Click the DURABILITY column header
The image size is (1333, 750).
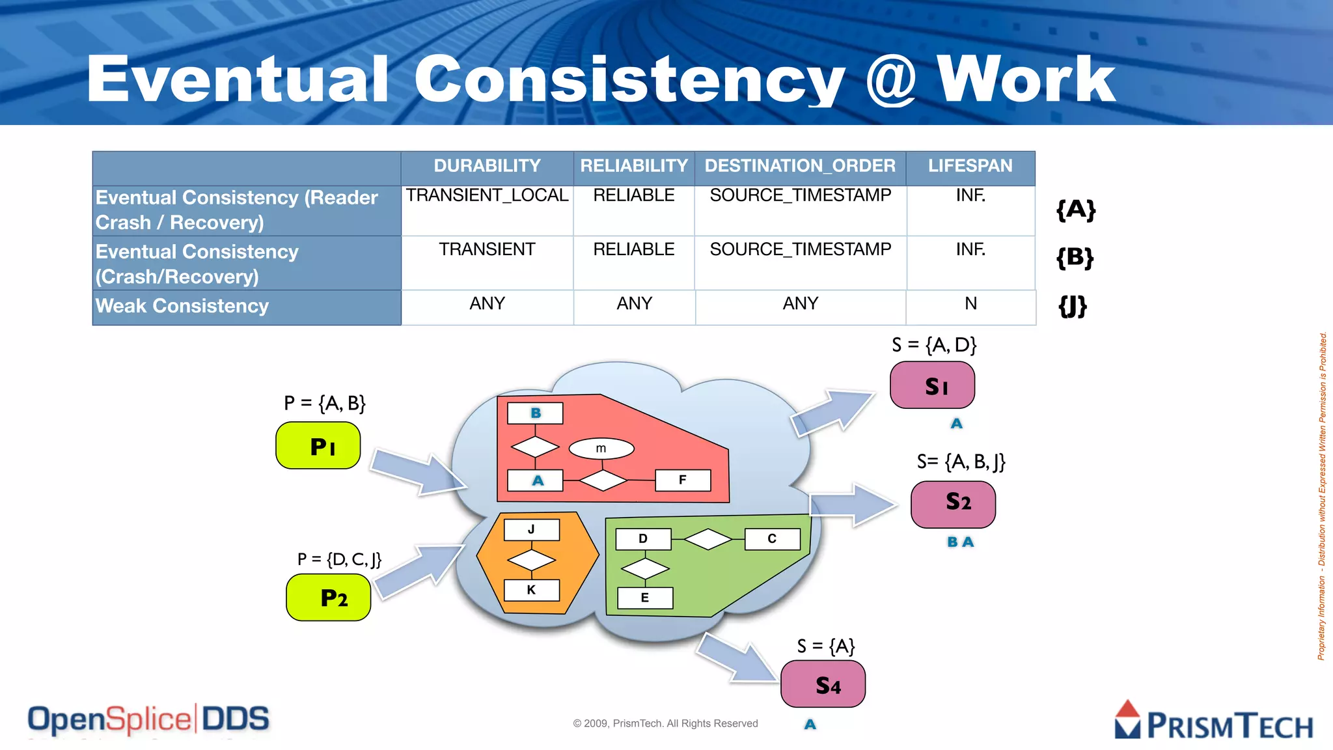click(x=487, y=166)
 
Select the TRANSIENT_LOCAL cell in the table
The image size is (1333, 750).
click(x=487, y=195)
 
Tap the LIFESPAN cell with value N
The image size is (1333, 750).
click(x=970, y=304)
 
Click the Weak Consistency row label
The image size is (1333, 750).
click(x=182, y=306)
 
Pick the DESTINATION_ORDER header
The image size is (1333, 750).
click(x=800, y=166)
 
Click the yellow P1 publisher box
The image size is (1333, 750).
click(x=318, y=446)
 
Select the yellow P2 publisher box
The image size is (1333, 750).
click(x=329, y=598)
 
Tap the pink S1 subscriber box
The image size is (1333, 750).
click(x=932, y=385)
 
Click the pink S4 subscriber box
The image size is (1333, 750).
click(x=823, y=684)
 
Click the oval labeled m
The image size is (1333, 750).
click(x=601, y=449)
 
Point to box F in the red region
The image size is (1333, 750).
click(x=682, y=480)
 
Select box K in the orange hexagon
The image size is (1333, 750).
click(x=531, y=590)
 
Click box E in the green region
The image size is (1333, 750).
click(x=644, y=598)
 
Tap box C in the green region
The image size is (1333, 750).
click(x=772, y=539)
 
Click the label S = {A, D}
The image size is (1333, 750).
click(x=934, y=345)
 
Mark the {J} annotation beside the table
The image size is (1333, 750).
click(x=1073, y=305)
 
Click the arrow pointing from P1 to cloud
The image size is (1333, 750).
click(x=417, y=472)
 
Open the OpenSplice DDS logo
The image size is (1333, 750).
click(x=148, y=719)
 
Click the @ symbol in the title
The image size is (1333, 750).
click(x=890, y=79)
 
